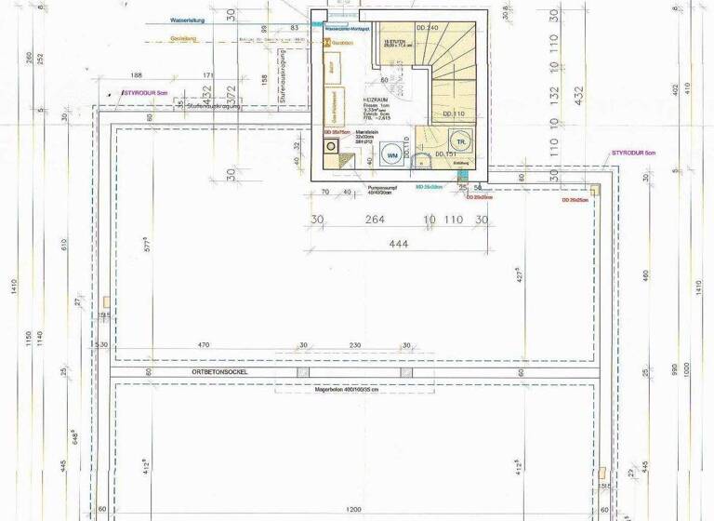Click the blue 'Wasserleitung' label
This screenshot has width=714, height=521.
tap(189, 20)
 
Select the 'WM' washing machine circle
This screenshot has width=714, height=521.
tap(393, 154)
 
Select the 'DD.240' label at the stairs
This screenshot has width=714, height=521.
tap(428, 28)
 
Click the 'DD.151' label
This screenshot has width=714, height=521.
tap(445, 154)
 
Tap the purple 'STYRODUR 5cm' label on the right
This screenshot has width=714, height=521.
tap(634, 151)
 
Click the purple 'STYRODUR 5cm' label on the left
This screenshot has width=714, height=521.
tap(144, 93)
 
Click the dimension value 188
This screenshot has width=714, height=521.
tap(137, 74)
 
